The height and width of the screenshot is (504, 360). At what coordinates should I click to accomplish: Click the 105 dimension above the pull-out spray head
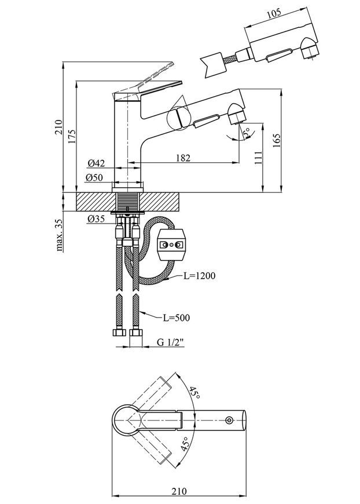pos(274,13)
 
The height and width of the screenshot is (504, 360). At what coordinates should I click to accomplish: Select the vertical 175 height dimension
pos(71,136)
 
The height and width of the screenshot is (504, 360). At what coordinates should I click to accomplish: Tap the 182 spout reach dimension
pos(183,158)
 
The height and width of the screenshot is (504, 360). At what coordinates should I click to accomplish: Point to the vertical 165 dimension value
pos(276,140)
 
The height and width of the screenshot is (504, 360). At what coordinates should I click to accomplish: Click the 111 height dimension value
pos(258,158)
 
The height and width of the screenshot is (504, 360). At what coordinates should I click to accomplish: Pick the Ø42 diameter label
pos(96,163)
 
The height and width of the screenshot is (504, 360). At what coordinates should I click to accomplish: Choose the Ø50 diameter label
pos(94,177)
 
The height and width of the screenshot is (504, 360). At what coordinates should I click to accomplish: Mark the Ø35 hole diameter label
pos(95,219)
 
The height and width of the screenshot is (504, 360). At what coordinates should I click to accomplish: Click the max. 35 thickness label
pos(59,235)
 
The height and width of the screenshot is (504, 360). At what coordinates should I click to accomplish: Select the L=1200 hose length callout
pos(200,276)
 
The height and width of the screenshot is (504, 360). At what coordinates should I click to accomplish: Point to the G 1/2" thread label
pos(170,342)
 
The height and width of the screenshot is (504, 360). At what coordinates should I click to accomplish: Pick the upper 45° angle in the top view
pos(194,393)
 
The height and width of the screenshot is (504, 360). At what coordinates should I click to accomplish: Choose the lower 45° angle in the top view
pos(184,444)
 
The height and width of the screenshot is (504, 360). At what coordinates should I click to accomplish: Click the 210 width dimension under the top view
pos(179,491)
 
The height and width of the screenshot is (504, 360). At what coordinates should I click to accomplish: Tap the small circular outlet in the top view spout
pos(229,420)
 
